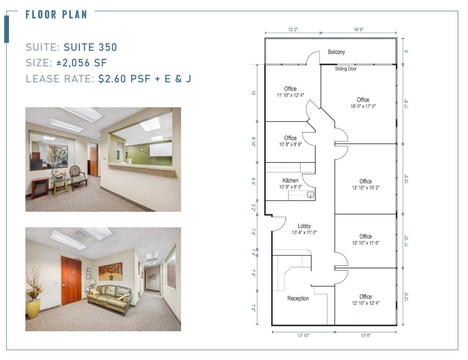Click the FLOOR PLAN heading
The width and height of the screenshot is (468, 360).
56,14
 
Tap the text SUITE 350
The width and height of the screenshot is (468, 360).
90,47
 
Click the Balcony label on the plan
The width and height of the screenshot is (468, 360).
336,52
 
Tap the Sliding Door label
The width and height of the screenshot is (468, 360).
346,69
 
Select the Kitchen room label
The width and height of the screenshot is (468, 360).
290,181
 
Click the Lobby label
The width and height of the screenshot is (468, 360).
304,226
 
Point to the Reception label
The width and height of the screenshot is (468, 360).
298,298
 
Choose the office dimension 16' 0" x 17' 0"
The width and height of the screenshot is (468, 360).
363,106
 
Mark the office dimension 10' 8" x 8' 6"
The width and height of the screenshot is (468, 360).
290,144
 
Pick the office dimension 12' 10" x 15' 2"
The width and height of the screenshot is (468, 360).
365,188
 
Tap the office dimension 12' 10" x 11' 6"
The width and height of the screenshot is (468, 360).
365,243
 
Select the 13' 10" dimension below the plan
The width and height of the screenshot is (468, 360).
303,336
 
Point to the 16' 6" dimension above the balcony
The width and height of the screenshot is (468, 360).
358,30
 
